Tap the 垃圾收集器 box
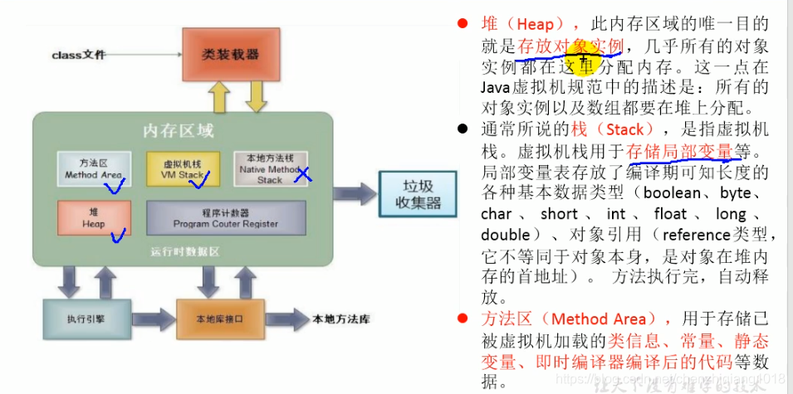point(417,194)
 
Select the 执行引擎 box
point(77,318)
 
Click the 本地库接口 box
point(219,318)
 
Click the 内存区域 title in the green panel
point(178,131)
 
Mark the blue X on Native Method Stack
point(303,173)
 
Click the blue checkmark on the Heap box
point(119,236)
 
